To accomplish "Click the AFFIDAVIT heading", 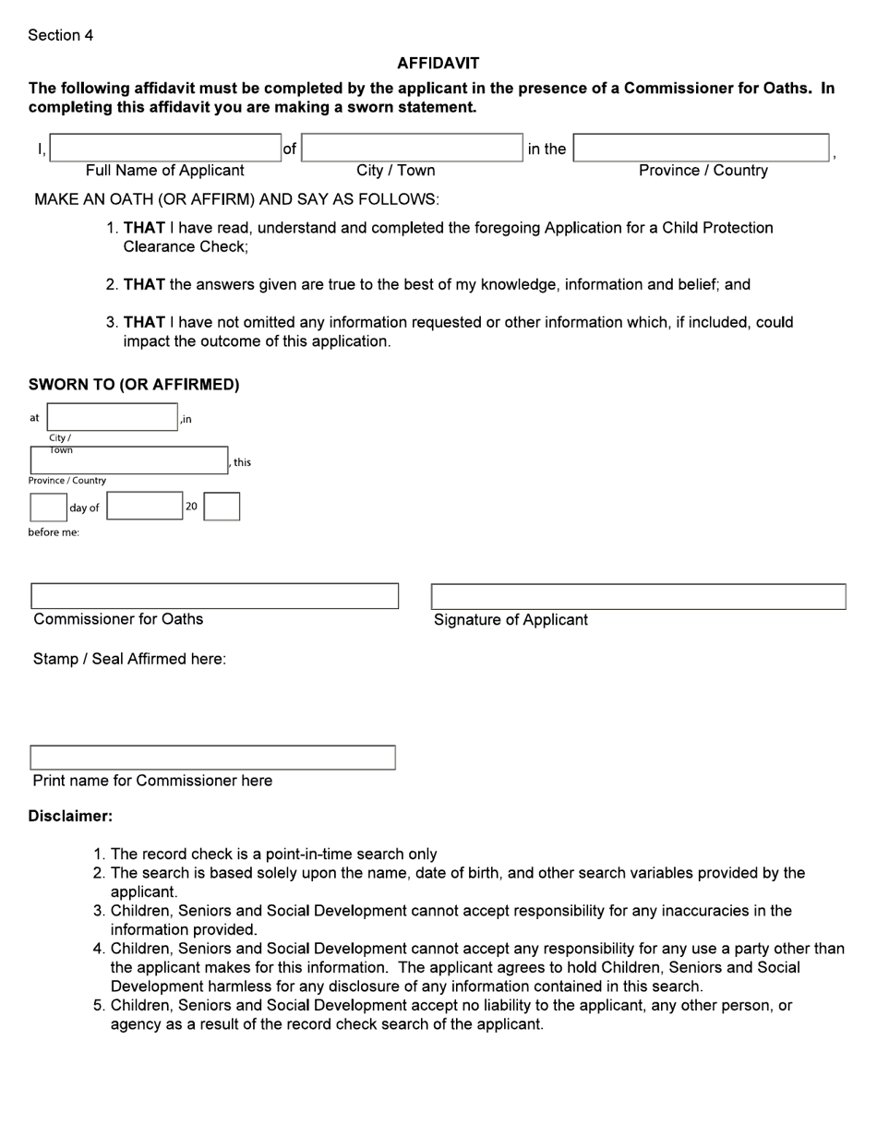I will pos(438,63).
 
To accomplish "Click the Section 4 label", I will pos(60,35).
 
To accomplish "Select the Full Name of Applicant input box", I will pos(165,148).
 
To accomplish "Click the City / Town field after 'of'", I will pos(413,148).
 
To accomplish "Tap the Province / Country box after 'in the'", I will pos(701,148).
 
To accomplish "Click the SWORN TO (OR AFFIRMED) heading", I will pos(134,385).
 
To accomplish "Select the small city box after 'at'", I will pos(112,417).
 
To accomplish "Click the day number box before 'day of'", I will pos(48,507).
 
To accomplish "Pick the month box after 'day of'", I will pos(145,506).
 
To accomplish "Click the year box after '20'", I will pos(222,506).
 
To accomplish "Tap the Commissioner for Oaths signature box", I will pos(214,596).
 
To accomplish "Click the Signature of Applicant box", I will pos(638,597).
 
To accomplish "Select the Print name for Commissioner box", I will pos(212,758).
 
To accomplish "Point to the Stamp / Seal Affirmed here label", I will pos(129,659).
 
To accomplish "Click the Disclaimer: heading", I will pos(70,817).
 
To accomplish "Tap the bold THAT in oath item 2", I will pos(144,284).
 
